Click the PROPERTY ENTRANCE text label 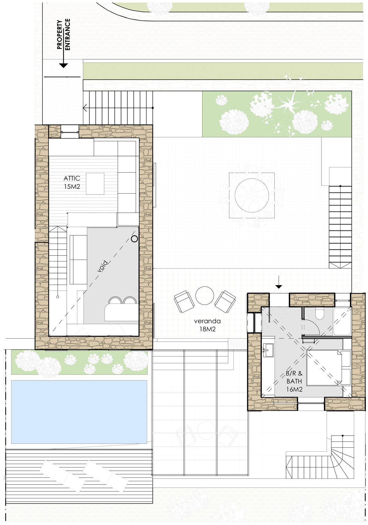(x=63, y=34)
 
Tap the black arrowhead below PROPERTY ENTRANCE (x=63, y=66)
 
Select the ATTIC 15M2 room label (x=72, y=182)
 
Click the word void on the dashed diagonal (x=103, y=266)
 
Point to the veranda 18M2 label (x=207, y=325)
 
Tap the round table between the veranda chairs (x=205, y=295)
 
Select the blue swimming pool (x=79, y=412)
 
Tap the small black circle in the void (x=134, y=239)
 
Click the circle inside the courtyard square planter (x=252, y=195)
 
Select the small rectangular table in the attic (x=95, y=184)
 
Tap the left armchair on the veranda (x=184, y=301)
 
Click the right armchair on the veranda (x=225, y=301)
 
